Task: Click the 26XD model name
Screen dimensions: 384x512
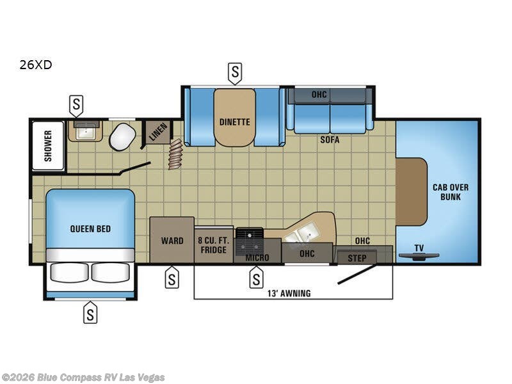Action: (35, 65)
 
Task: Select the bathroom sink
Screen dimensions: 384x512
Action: (84, 132)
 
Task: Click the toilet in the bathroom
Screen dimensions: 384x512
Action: (122, 136)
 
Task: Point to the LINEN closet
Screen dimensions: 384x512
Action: (157, 132)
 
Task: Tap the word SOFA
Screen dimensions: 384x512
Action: (330, 140)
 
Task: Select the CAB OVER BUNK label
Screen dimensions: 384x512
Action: (451, 191)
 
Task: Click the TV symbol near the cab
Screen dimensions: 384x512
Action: (419, 255)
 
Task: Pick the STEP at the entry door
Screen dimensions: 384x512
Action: (356, 258)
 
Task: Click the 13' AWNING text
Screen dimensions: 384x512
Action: (290, 293)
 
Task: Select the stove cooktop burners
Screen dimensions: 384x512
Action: (249, 242)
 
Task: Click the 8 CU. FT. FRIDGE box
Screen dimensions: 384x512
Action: (214, 245)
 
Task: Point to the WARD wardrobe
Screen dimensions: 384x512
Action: (172, 241)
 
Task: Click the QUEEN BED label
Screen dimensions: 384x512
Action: (90, 227)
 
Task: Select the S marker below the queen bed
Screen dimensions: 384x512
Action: (90, 313)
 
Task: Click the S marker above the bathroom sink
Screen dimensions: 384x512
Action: (76, 104)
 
